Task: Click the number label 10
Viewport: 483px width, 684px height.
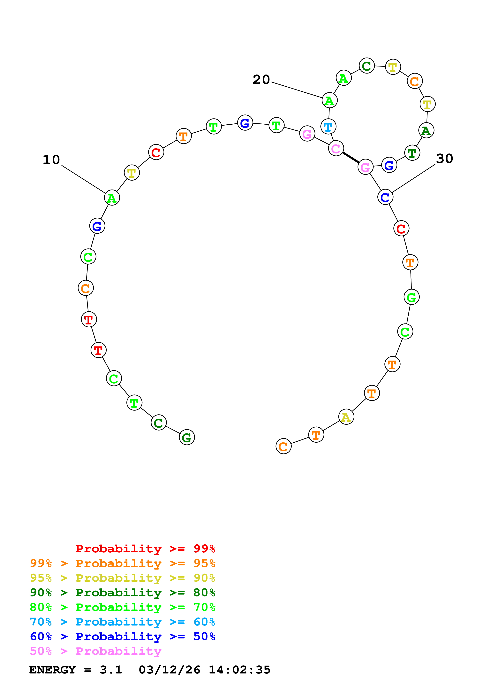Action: (51, 160)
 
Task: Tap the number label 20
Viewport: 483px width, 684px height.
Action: (261, 80)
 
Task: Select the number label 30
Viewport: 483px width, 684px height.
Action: (444, 159)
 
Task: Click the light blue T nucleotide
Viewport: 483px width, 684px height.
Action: (328, 127)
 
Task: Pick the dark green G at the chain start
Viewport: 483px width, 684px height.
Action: (187, 437)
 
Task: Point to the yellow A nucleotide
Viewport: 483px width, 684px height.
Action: (346, 417)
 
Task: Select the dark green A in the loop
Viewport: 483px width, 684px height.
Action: (426, 130)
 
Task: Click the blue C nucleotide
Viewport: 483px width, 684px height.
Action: (385, 197)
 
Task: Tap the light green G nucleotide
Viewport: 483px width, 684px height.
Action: (411, 297)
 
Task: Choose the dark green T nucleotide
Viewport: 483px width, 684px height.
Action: (412, 153)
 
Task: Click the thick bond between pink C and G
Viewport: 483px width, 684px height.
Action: (351, 158)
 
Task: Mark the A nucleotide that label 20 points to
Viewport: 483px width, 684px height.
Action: (329, 101)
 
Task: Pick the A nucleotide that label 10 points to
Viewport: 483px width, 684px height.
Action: (112, 198)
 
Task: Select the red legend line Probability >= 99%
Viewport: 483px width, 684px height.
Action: (145, 549)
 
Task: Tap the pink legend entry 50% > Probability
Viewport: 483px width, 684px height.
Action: (95, 651)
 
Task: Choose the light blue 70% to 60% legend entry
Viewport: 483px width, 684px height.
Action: (122, 622)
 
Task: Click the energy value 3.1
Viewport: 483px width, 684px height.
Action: (111, 670)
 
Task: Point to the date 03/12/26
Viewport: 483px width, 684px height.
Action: (169, 670)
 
